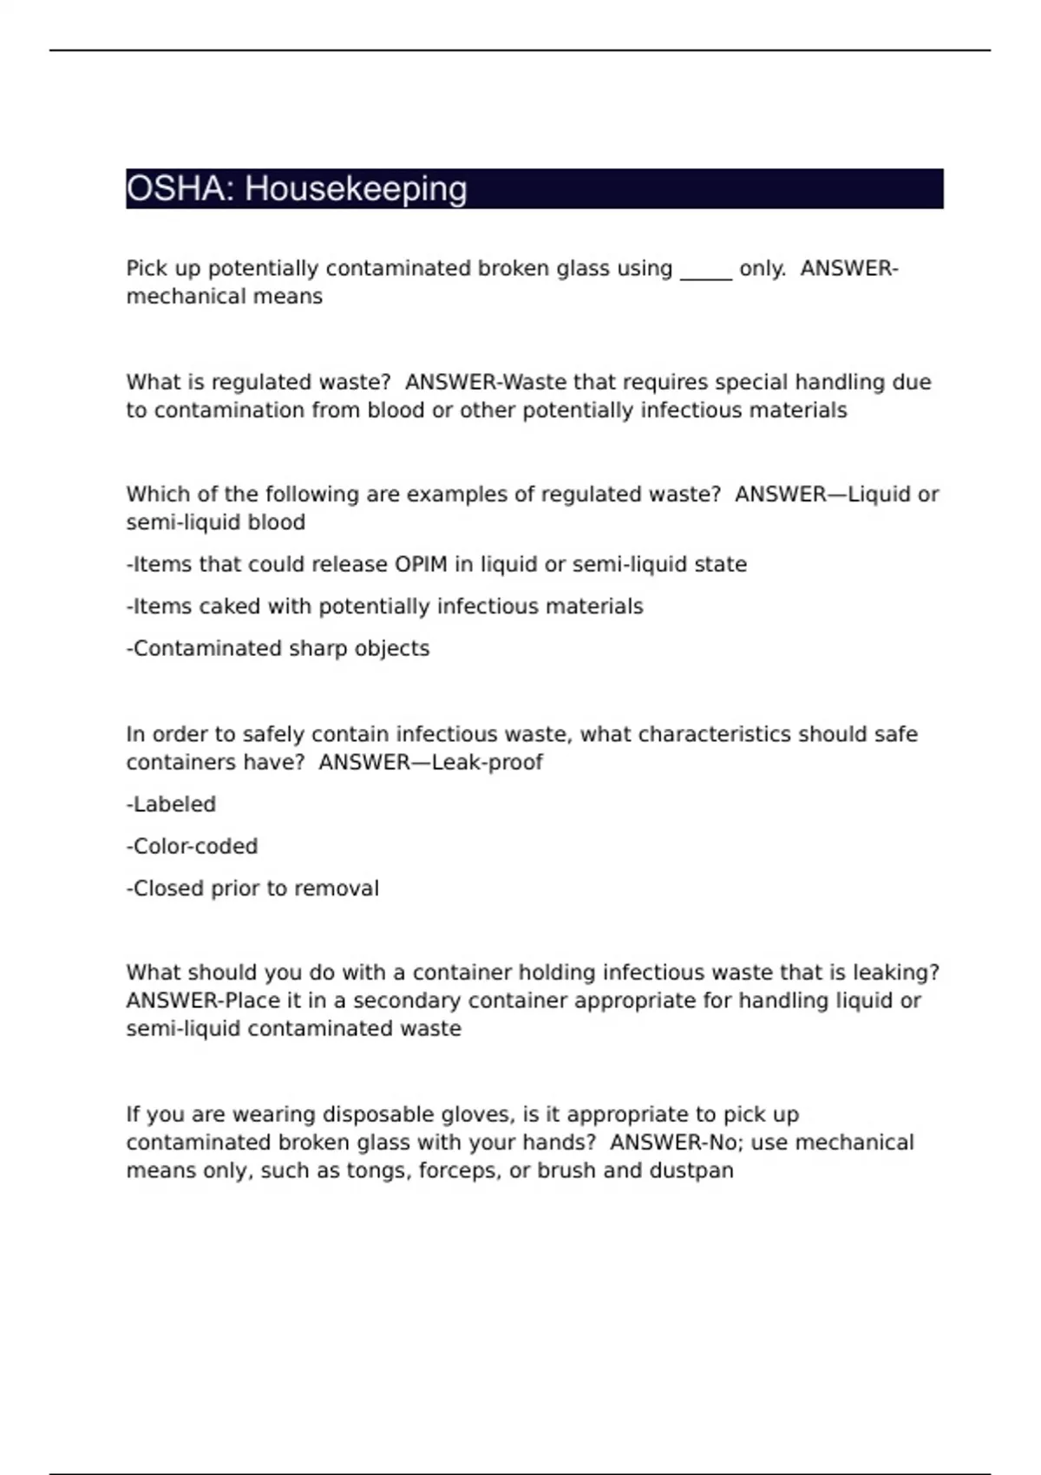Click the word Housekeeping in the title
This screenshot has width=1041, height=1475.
[356, 189]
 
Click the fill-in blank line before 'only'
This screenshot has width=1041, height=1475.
[706, 271]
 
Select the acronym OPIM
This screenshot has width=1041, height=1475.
[421, 565]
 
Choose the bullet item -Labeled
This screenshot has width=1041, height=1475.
[171, 804]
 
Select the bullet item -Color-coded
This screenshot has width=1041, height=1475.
[192, 846]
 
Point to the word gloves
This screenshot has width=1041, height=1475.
[477, 1115]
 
